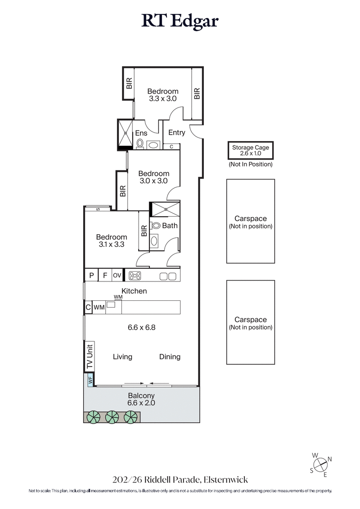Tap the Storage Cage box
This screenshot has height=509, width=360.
pyautogui.click(x=250, y=150)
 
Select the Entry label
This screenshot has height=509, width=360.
pyautogui.click(x=176, y=133)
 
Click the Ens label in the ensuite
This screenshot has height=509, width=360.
pyautogui.click(x=141, y=133)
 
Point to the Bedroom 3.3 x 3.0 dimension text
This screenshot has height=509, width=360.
pyautogui.click(x=163, y=98)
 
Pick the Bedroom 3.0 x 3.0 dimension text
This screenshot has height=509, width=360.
pyautogui.click(x=153, y=181)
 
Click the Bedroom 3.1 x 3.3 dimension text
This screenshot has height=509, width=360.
pyautogui.click(x=112, y=245)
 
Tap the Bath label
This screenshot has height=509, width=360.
pyautogui.click(x=170, y=226)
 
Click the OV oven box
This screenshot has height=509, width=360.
pyautogui.click(x=117, y=276)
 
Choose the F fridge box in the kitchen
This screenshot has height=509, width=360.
pyautogui.click(x=105, y=276)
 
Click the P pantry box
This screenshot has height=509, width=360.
pyautogui.click(x=91, y=276)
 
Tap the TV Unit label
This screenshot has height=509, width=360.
pyautogui.click(x=90, y=356)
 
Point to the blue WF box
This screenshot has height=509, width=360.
pyautogui.click(x=90, y=380)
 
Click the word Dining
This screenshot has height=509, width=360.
pyautogui.click(x=170, y=357)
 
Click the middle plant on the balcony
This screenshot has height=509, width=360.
pyautogui.click(x=112, y=417)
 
